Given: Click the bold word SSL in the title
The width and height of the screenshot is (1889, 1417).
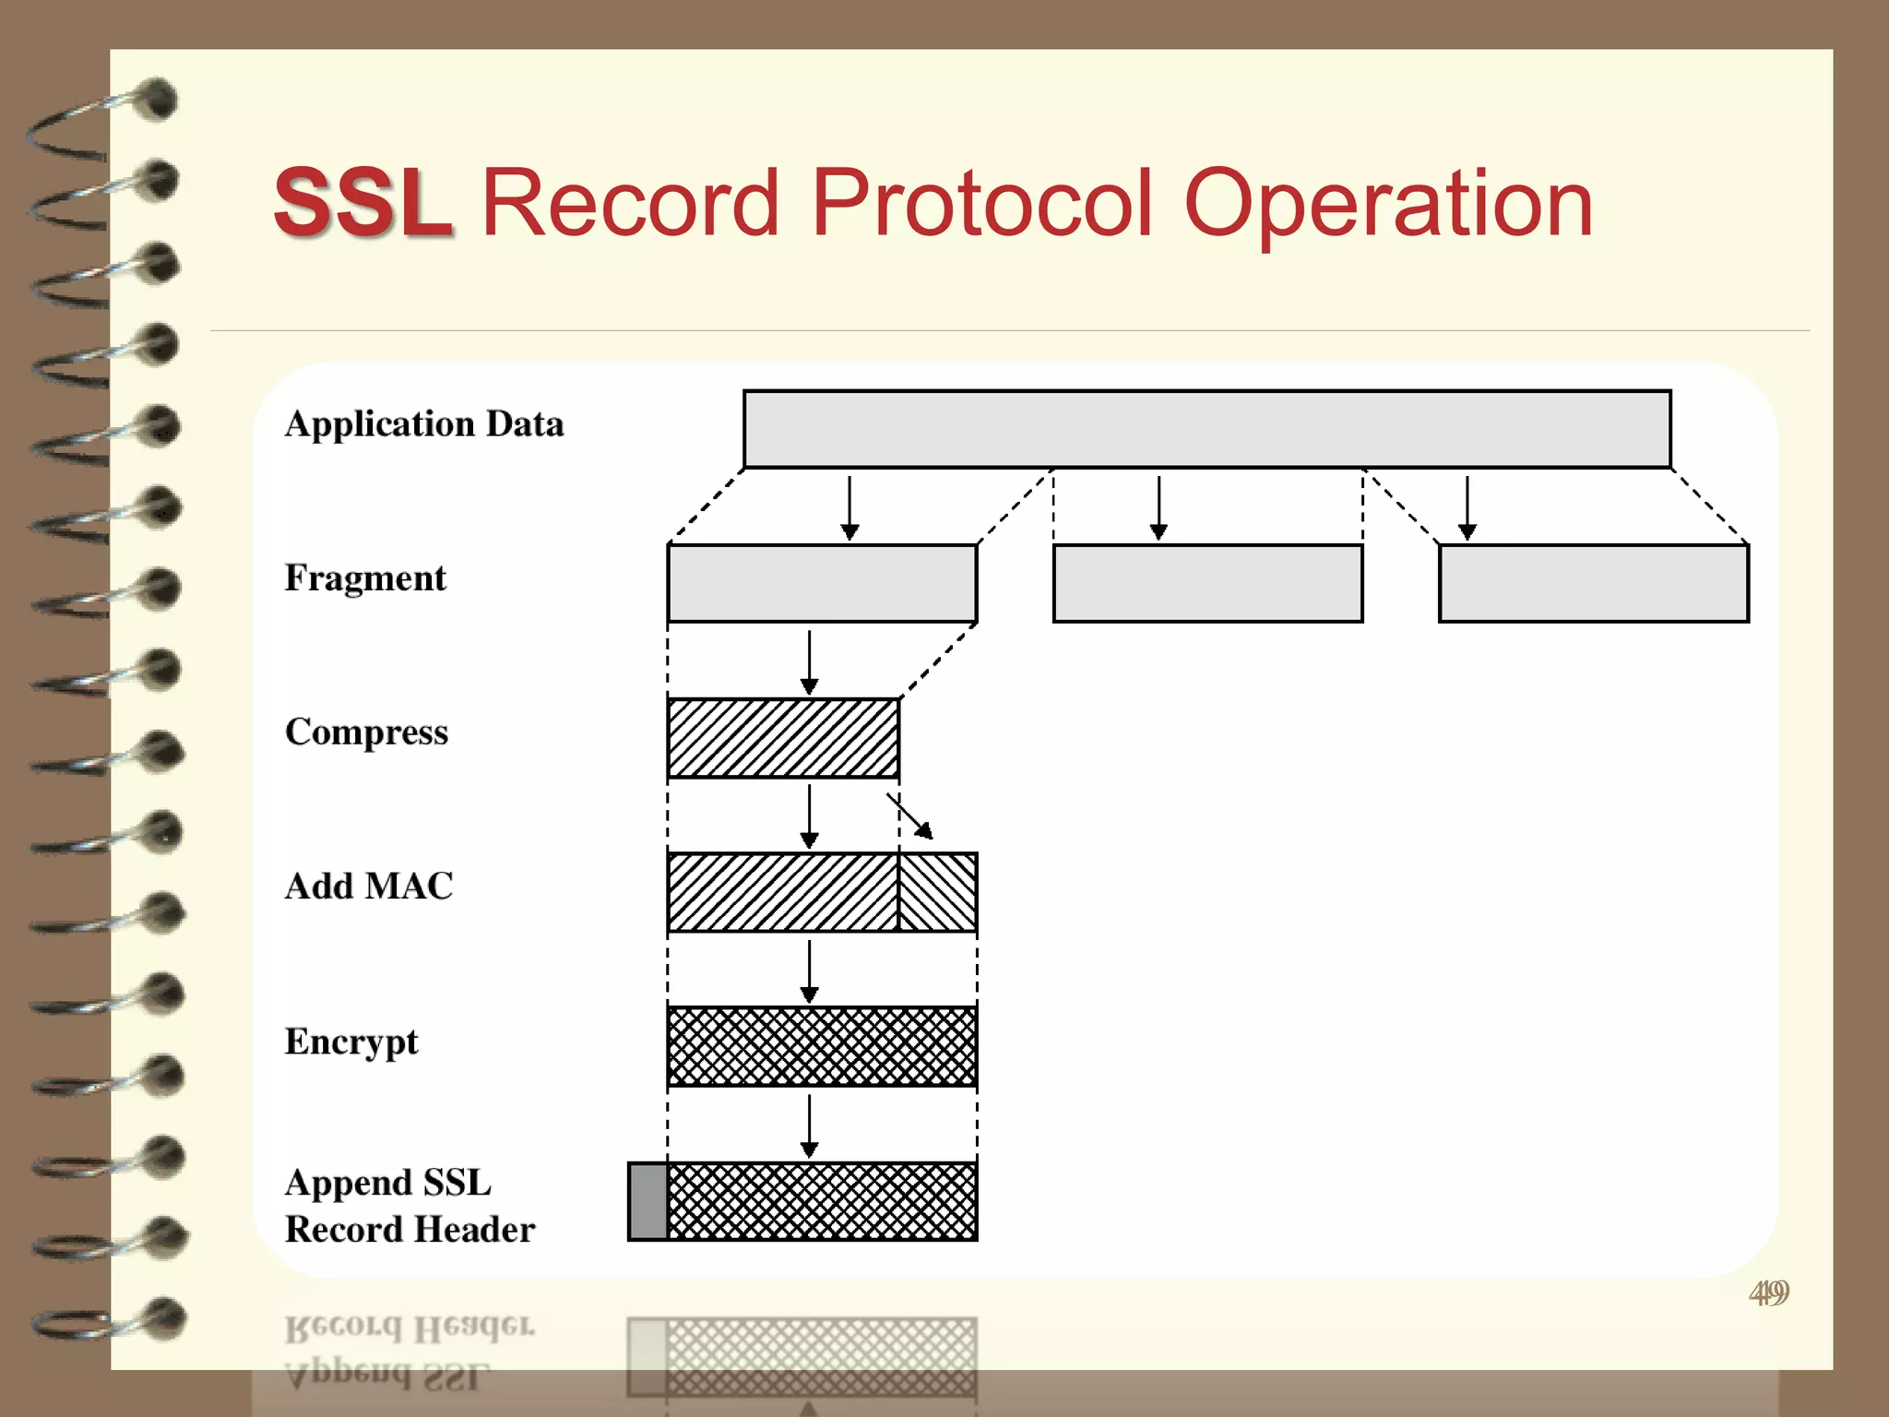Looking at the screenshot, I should [x=362, y=203].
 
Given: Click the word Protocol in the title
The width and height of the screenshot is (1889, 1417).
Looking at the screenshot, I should [x=981, y=203].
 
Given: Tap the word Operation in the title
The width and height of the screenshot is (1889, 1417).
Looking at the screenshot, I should [x=1387, y=205].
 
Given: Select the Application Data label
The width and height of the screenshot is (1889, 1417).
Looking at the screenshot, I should [x=423, y=424].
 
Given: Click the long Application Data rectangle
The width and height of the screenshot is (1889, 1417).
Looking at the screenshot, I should [x=1206, y=430].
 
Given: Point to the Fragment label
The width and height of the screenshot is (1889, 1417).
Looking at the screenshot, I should [x=364, y=578].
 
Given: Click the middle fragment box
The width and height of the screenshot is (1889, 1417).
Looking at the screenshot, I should [x=1206, y=584].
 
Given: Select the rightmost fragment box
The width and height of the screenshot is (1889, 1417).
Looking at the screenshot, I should [x=1593, y=584].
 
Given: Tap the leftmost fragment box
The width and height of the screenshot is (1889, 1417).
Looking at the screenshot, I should [x=821, y=584].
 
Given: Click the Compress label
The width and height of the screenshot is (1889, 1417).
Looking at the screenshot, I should [x=366, y=732].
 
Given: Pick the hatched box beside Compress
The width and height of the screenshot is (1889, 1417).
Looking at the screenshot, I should [x=782, y=739].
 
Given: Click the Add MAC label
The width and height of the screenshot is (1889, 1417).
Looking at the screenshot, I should [x=368, y=887].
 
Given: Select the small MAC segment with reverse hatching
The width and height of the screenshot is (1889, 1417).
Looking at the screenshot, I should [x=937, y=892].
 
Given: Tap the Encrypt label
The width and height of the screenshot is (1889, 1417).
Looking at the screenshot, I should [x=350, y=1042].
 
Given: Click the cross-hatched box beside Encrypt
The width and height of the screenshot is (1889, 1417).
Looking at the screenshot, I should [x=821, y=1047].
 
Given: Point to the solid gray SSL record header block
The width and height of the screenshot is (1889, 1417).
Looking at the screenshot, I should [x=647, y=1202].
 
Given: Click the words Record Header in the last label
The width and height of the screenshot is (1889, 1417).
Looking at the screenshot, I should [x=410, y=1230].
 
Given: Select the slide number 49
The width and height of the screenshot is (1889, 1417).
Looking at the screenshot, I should [x=1768, y=1292].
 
